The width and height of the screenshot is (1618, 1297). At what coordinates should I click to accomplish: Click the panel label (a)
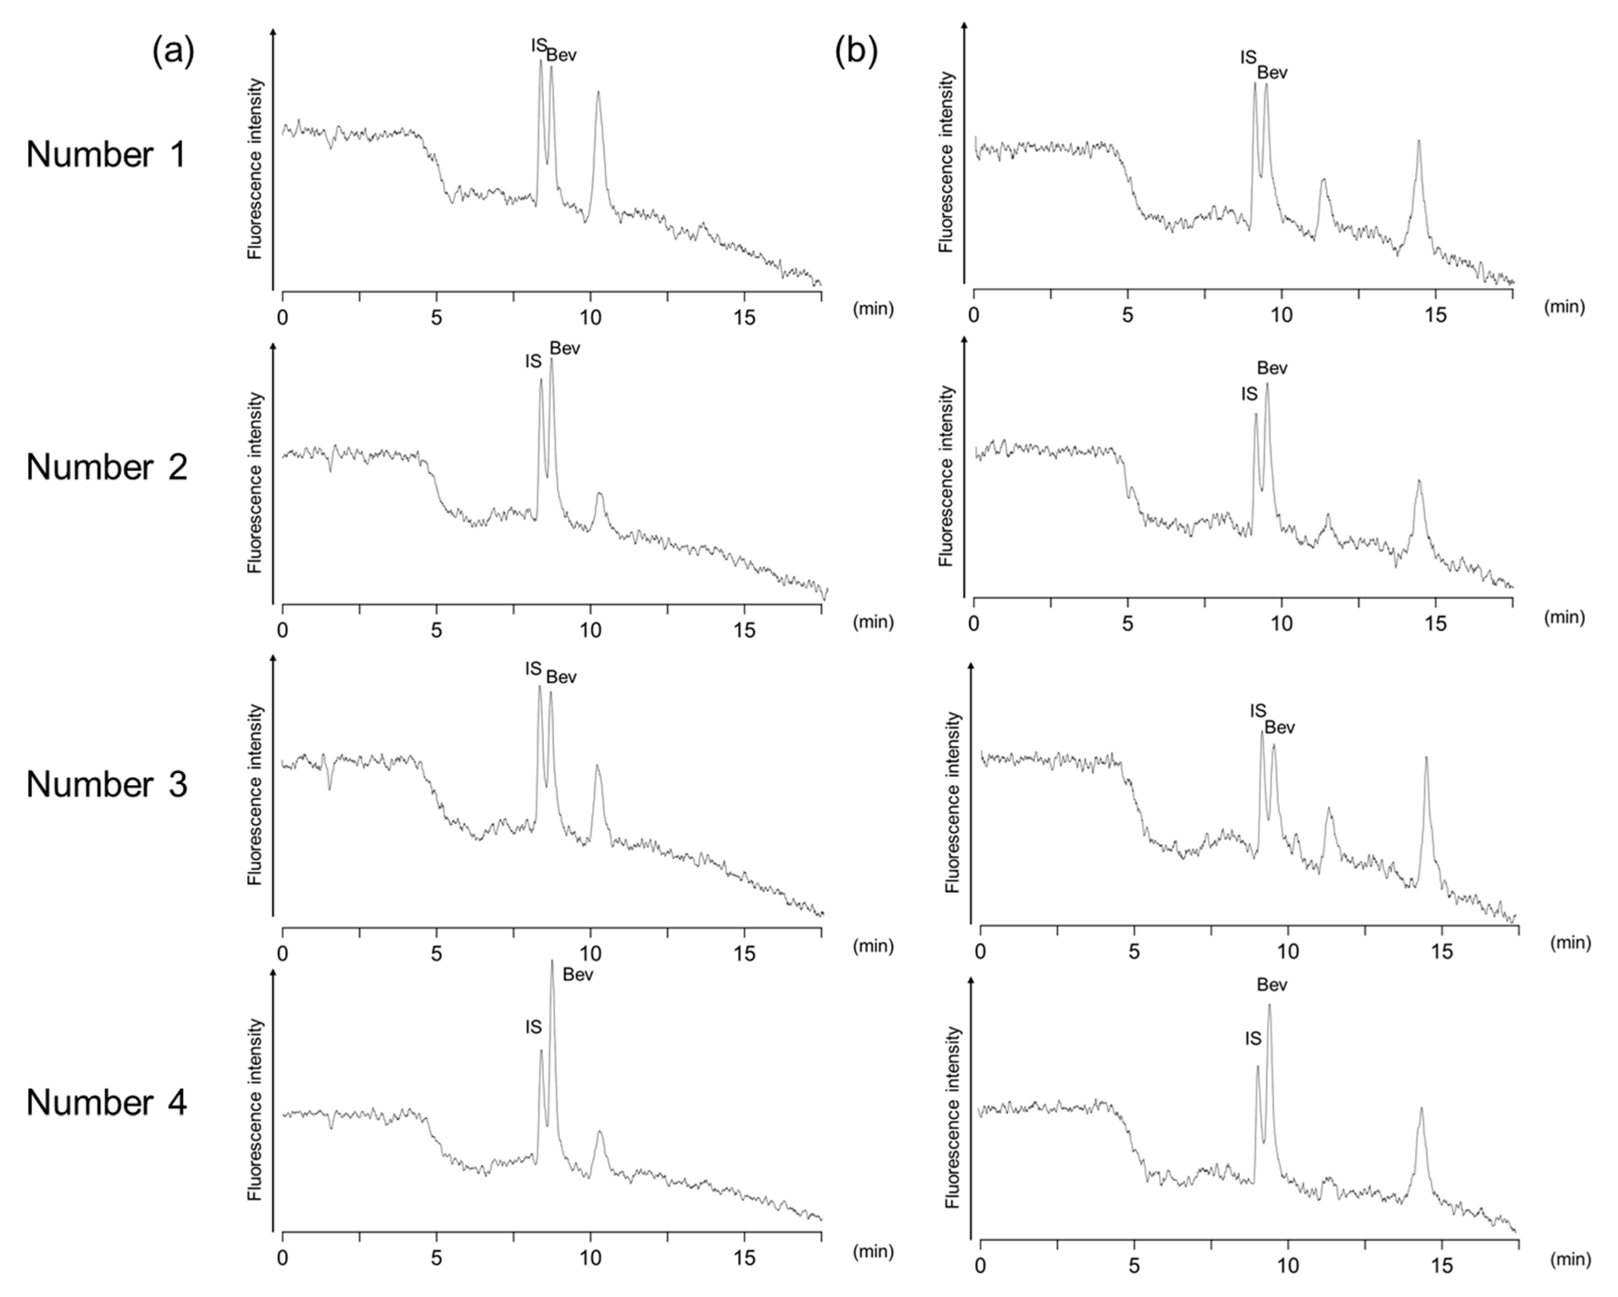(173, 52)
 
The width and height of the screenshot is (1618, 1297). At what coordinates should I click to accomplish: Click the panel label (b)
(856, 52)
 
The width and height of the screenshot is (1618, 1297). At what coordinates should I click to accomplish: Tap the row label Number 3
(107, 784)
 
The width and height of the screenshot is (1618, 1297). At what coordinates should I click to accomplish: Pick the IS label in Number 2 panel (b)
(1249, 395)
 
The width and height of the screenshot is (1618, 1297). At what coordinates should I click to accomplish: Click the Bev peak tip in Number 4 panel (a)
(552, 961)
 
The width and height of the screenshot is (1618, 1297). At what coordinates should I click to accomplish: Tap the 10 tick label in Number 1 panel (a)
(591, 318)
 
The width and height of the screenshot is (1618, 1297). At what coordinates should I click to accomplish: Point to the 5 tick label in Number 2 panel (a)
(436, 631)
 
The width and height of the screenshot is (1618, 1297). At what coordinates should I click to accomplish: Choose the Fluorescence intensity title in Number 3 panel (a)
(255, 794)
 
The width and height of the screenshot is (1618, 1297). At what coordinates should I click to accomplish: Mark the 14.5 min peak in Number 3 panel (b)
(1426, 759)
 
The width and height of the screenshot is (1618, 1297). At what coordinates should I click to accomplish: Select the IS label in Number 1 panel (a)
(539, 45)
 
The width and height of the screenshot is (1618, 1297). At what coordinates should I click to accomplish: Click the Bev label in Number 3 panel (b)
(1279, 727)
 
